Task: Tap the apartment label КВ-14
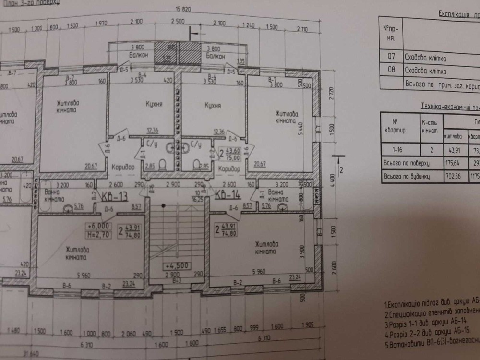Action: point(227,195)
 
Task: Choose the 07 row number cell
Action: point(391,57)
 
